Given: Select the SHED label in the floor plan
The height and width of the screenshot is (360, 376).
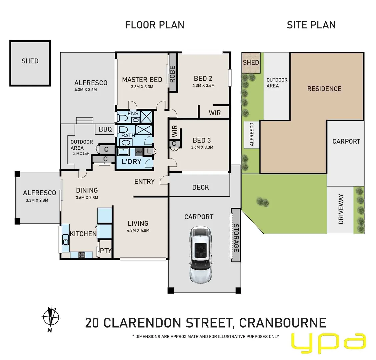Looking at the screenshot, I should (30, 61).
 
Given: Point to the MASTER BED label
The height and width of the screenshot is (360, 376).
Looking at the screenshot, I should (142, 80).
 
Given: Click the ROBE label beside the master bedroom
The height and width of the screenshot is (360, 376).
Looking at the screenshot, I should (172, 74).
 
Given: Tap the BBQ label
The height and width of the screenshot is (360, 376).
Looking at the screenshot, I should (105, 129).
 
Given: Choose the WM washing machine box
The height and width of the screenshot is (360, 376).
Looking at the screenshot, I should (139, 152).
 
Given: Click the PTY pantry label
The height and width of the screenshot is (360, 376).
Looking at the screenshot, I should (106, 251).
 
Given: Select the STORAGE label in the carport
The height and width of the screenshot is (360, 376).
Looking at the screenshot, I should (236, 238).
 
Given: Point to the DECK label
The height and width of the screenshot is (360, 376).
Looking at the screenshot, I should (200, 187).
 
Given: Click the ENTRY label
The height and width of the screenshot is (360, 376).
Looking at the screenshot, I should (144, 181).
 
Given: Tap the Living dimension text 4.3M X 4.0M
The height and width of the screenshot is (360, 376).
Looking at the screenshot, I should (138, 230).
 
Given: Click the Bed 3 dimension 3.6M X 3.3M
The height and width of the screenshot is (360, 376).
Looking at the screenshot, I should (202, 147).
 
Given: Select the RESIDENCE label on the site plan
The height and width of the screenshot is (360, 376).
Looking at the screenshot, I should (324, 89).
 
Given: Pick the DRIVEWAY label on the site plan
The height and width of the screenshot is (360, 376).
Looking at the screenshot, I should (341, 209).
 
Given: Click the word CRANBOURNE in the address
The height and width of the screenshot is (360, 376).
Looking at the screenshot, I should (283, 323).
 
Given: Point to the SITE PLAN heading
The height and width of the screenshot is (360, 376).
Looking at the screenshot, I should (311, 25).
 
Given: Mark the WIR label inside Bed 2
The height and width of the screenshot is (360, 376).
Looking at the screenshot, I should (215, 113).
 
